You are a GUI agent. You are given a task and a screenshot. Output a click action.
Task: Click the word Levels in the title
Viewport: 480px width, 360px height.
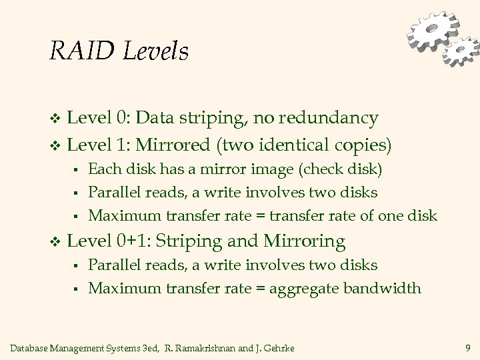tap(154, 51)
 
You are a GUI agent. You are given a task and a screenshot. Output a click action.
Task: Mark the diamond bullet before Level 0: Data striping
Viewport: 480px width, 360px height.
tap(55, 119)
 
